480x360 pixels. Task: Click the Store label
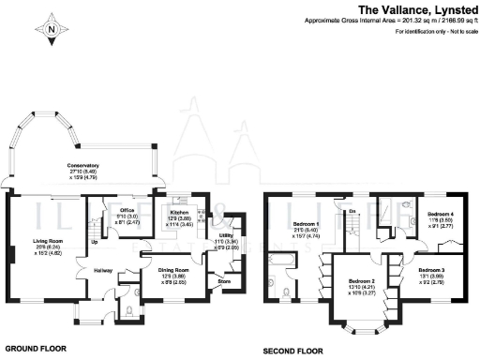[223, 280]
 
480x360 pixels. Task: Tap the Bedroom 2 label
[362, 285]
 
